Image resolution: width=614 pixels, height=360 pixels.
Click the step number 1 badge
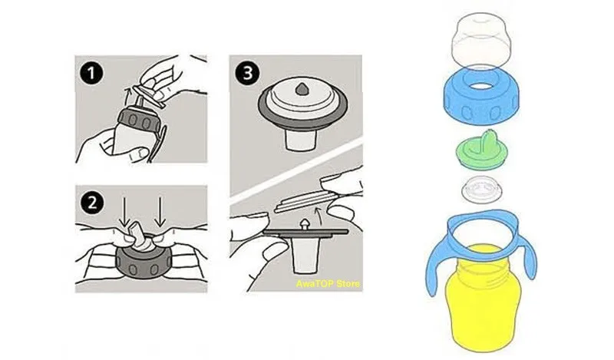tap(91, 73)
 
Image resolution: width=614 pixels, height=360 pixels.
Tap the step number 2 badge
tap(92, 203)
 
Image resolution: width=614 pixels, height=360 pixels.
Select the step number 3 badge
tap(247, 73)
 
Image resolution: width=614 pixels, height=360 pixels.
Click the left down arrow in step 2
tap(124, 213)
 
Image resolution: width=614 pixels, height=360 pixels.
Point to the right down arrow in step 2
tap(160, 213)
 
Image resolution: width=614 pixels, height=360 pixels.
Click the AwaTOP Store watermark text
tap(328, 283)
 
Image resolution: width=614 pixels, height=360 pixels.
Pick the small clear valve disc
tap(482, 189)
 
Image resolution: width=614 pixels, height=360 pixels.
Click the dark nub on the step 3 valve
tap(302, 89)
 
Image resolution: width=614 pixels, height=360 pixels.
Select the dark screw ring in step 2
tap(143, 263)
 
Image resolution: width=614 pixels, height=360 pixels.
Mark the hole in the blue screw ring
tap(481, 85)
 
